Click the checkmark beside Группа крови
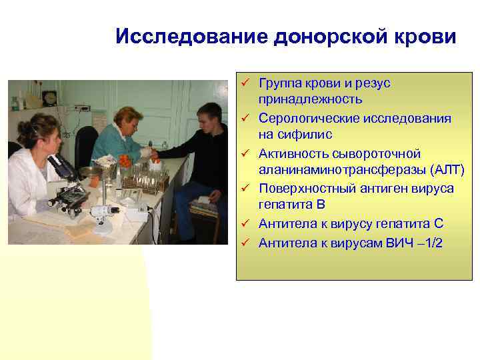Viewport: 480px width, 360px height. [x=245, y=83]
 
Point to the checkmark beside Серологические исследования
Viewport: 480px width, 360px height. [x=245, y=118]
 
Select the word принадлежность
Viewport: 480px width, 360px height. [x=311, y=100]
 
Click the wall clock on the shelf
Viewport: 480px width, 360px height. [x=49, y=98]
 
